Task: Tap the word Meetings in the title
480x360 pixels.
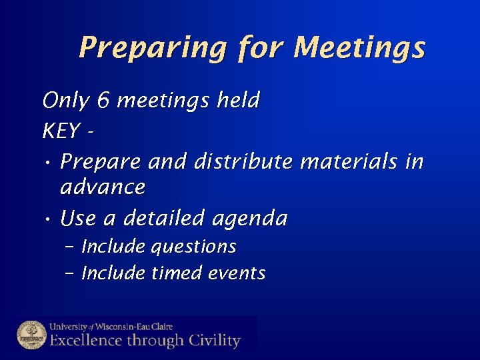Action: click(x=359, y=48)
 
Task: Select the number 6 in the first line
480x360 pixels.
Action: click(x=103, y=101)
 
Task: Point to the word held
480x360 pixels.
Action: click(x=238, y=101)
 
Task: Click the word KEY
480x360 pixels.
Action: click(x=61, y=131)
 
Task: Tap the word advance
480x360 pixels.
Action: click(x=102, y=187)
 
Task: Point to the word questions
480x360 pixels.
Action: click(x=193, y=247)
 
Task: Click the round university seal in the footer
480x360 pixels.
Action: click(x=31, y=335)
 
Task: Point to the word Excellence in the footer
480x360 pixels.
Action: click(x=85, y=341)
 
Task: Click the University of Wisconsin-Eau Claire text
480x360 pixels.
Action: click(x=111, y=327)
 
